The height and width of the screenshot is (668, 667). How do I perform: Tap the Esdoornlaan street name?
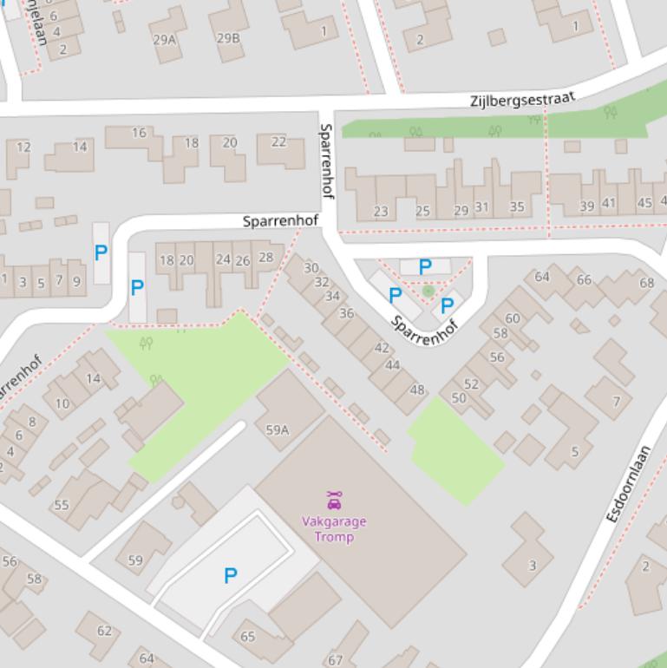click(628, 483)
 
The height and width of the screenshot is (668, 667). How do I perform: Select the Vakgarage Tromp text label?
click(334, 529)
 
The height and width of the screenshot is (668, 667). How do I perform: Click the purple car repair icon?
click(334, 500)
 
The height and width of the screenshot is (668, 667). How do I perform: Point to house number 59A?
click(277, 429)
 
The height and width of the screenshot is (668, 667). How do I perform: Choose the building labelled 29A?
click(164, 39)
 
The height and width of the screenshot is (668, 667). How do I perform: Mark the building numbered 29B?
click(228, 38)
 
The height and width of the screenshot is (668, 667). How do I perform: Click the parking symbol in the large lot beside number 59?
click(231, 575)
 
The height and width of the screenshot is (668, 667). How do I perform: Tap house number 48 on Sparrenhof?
click(417, 390)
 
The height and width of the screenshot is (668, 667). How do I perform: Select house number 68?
click(647, 283)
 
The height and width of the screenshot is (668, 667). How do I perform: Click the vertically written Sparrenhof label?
click(327, 160)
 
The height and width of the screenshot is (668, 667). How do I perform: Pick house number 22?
click(278, 141)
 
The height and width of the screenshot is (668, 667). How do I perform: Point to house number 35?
click(517, 206)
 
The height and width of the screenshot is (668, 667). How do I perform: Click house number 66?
click(584, 279)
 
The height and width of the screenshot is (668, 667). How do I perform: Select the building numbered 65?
click(248, 637)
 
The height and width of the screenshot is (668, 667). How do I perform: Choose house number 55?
click(62, 505)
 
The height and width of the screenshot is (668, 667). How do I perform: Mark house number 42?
click(382, 348)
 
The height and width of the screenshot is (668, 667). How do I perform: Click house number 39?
click(587, 206)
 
